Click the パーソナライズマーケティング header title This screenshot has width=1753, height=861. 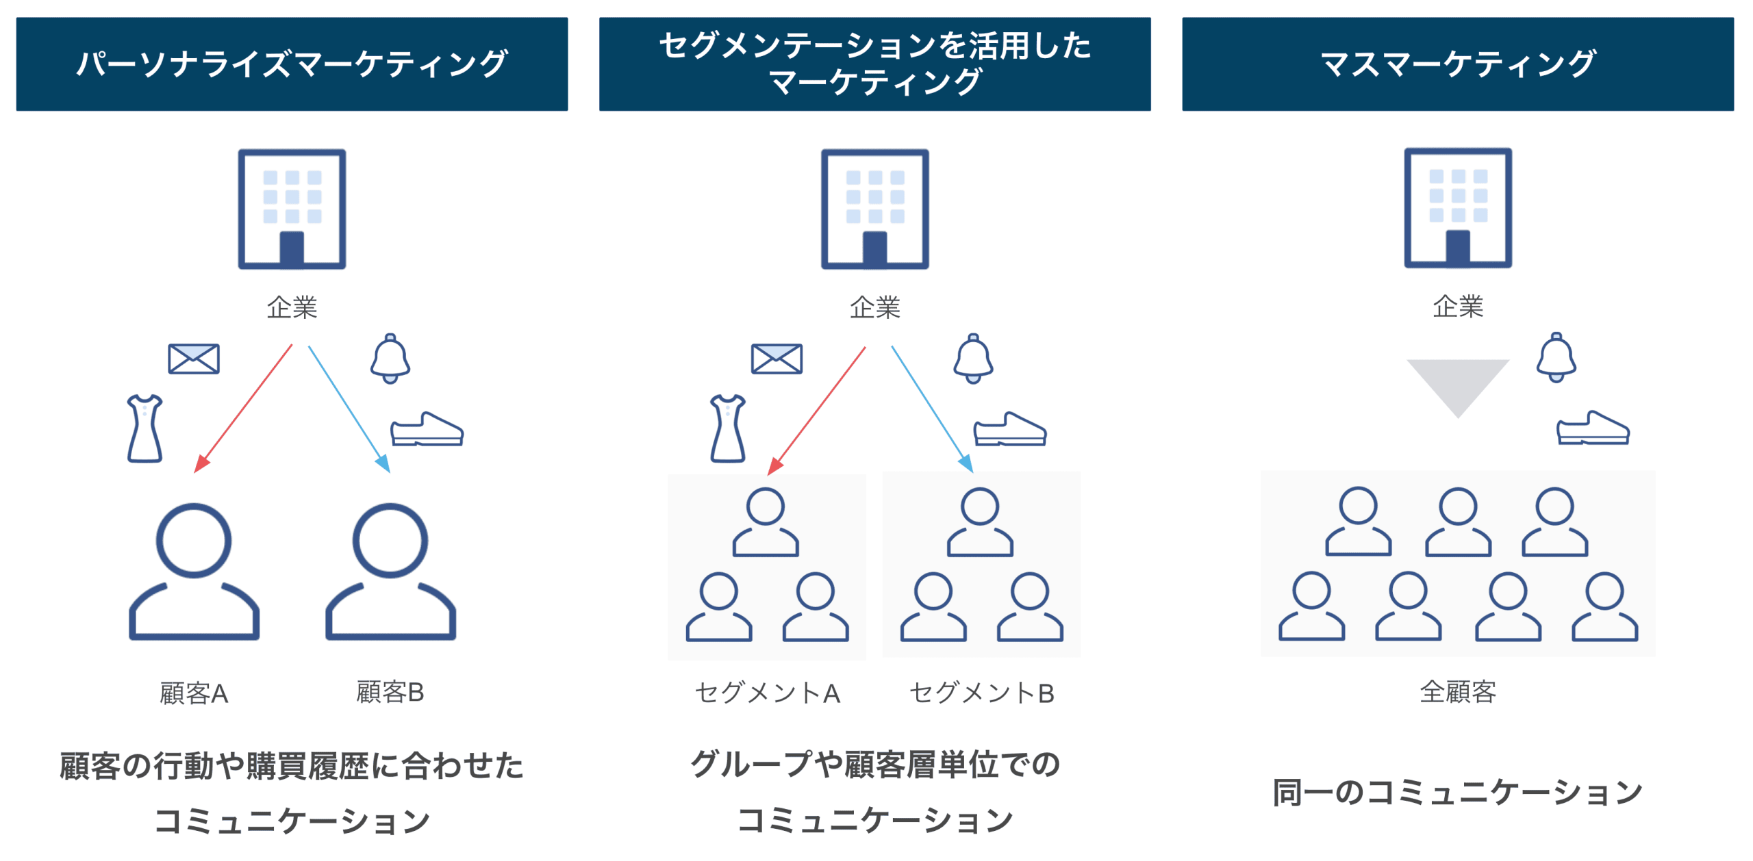(x=292, y=64)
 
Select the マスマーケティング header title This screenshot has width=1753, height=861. (x=1457, y=64)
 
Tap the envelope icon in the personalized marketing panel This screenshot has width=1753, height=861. (x=194, y=359)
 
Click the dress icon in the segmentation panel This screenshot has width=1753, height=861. (x=727, y=428)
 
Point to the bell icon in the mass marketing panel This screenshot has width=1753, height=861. (x=1556, y=357)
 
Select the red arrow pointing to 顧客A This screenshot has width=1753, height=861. (x=243, y=409)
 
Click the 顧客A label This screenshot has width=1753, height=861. (x=194, y=693)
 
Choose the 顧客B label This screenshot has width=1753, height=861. (x=390, y=692)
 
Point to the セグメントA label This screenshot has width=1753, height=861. (x=767, y=693)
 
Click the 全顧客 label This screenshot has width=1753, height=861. (x=1457, y=692)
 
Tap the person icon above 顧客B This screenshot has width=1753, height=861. (x=390, y=571)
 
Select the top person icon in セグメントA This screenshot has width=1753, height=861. (x=765, y=522)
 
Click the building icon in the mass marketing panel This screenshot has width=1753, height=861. (x=1457, y=208)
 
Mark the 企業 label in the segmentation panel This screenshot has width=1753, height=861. (x=874, y=307)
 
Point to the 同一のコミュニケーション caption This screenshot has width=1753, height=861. (x=1457, y=792)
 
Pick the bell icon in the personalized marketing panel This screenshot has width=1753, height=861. (x=390, y=359)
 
